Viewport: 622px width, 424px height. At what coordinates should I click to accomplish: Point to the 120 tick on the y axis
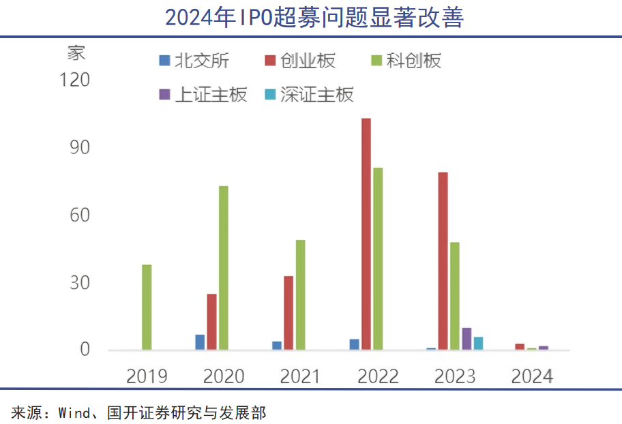[x=75, y=80]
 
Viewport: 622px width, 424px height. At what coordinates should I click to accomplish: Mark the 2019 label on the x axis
[x=147, y=376]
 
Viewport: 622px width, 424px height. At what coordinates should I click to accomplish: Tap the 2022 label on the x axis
[x=378, y=376]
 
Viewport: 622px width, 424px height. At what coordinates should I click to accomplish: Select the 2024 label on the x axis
[x=533, y=376]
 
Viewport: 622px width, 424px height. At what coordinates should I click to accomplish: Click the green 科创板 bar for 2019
[x=147, y=307]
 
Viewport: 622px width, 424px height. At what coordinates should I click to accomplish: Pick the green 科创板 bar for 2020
[x=223, y=268]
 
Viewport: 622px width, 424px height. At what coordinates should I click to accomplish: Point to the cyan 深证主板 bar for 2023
[x=478, y=344]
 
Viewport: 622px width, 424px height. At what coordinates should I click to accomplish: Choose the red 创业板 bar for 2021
[x=288, y=313]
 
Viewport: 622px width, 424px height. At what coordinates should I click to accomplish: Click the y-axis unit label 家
[x=76, y=53]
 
